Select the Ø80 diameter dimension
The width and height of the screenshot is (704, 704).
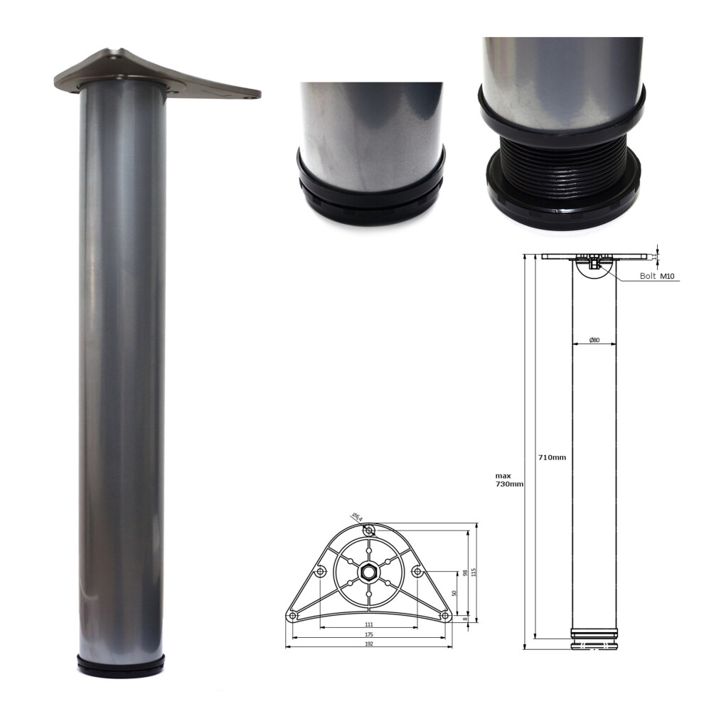click(x=594, y=340)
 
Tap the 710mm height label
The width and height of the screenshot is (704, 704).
click(x=552, y=457)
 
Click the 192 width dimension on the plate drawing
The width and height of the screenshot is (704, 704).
click(x=368, y=644)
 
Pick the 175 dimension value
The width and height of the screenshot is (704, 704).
click(x=368, y=634)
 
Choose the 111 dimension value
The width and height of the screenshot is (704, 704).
click(x=368, y=624)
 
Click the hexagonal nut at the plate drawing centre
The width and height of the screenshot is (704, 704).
click(x=369, y=571)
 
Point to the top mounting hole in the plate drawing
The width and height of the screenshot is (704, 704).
click(x=368, y=530)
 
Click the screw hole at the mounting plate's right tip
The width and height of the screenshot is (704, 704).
click(x=250, y=94)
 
